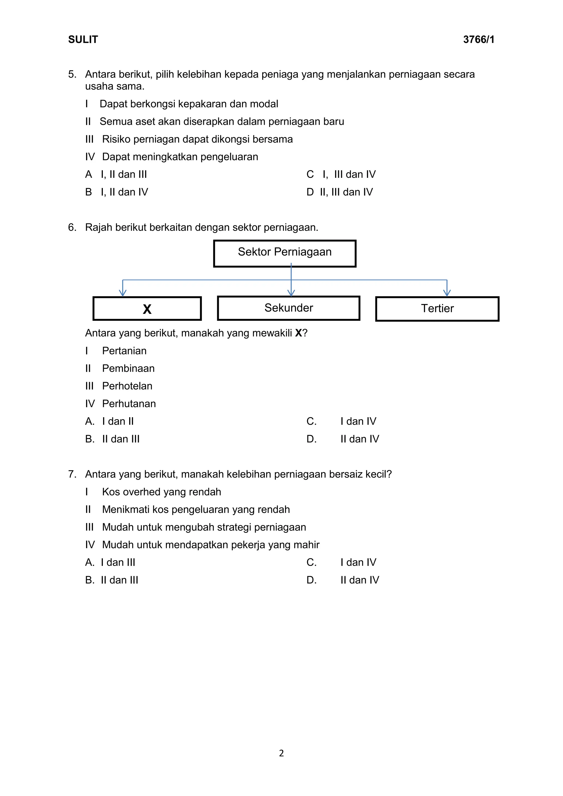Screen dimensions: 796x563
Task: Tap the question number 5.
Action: click(72, 74)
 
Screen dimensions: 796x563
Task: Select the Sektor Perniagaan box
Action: click(285, 253)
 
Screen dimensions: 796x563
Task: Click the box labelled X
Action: click(147, 309)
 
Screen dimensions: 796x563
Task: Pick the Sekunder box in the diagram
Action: click(288, 308)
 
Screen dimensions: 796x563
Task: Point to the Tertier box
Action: click(437, 309)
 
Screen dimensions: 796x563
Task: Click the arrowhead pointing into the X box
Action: click(122, 293)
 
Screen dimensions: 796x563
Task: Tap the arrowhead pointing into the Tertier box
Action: click(447, 293)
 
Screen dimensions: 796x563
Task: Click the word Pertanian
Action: click(124, 351)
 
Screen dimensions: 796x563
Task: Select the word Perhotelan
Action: click(127, 386)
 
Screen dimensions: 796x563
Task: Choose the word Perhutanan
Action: click(129, 403)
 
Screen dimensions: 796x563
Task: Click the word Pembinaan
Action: click(128, 368)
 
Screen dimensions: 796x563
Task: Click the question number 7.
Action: click(72, 474)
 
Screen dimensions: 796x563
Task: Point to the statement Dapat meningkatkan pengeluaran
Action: click(180, 157)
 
